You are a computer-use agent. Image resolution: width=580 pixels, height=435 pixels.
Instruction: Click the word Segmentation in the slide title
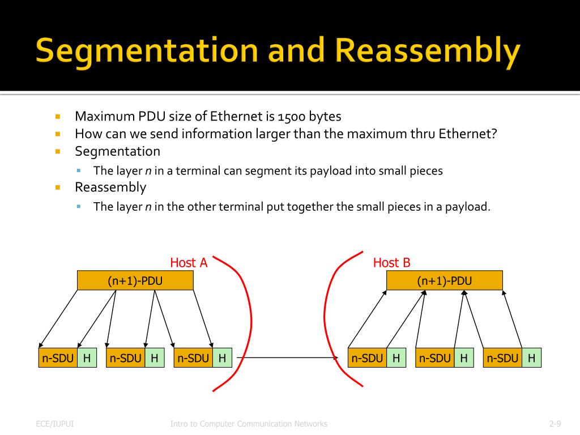point(146,50)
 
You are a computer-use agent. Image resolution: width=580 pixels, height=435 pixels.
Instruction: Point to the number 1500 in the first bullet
point(293,117)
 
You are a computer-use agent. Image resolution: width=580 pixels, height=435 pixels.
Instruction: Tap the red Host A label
point(189,263)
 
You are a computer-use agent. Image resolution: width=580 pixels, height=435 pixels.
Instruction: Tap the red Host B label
point(391,263)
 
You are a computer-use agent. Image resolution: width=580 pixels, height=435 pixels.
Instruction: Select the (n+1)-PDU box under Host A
point(135,281)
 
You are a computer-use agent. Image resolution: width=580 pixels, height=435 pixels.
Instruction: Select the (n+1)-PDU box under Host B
point(444,281)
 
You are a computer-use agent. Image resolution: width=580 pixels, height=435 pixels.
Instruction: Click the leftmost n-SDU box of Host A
point(58,358)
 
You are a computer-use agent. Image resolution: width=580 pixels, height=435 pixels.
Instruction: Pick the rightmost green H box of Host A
point(222,358)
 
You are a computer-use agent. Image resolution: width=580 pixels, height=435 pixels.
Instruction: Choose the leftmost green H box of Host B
point(396,358)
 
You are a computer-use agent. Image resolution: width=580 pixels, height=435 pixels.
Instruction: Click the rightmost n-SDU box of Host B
point(502,358)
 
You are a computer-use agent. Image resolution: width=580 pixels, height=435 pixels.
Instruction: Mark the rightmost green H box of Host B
point(531,358)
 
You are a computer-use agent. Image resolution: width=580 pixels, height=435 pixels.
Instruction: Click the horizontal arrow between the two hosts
point(289,358)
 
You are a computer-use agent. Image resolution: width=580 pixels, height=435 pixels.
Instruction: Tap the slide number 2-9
point(555,424)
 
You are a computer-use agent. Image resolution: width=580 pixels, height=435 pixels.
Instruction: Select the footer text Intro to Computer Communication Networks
point(249,424)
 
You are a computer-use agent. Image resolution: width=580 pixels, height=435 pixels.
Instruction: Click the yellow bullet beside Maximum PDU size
point(58,117)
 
